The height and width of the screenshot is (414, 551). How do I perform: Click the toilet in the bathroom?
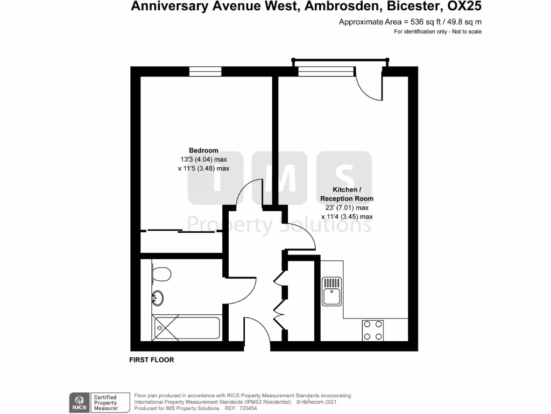point(161,274)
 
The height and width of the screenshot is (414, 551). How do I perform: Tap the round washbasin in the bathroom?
point(158,298)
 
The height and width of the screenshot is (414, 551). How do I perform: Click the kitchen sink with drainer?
point(331,291)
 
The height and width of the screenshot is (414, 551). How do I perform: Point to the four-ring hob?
point(372,330)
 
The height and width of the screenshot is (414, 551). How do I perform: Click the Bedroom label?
point(203,150)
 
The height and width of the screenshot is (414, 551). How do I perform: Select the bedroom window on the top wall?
point(205,71)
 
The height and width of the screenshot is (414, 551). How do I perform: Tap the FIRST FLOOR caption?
point(152,360)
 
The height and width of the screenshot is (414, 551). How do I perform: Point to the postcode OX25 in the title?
point(464,7)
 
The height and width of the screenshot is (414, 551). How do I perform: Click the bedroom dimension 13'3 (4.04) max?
point(203,159)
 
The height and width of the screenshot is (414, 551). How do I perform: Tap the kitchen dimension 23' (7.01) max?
point(346,208)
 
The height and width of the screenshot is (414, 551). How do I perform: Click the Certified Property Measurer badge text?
point(106,403)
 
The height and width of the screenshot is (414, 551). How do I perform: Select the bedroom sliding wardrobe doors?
point(181,231)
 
